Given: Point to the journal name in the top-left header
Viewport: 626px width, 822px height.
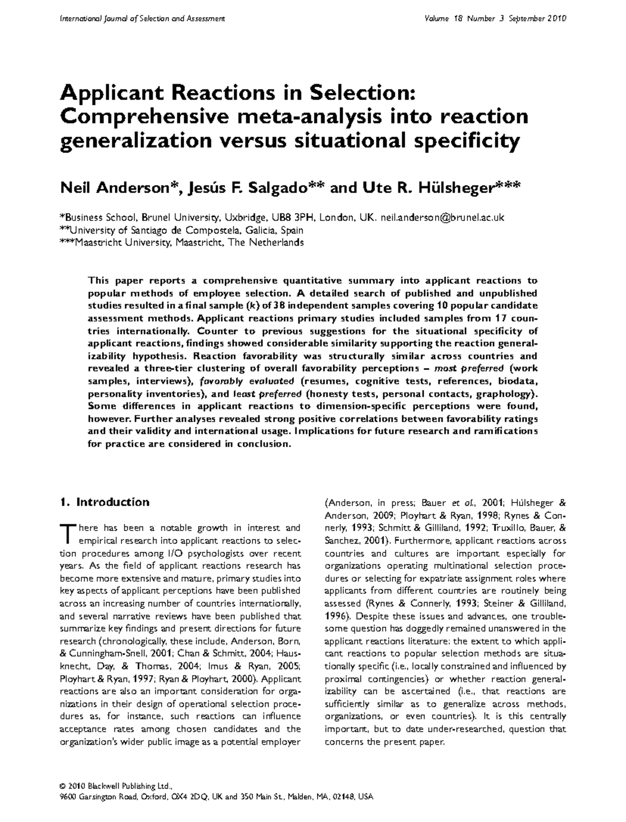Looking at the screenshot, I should click(x=142, y=19).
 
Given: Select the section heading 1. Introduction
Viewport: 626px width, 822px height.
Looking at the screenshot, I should click(x=105, y=502).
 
